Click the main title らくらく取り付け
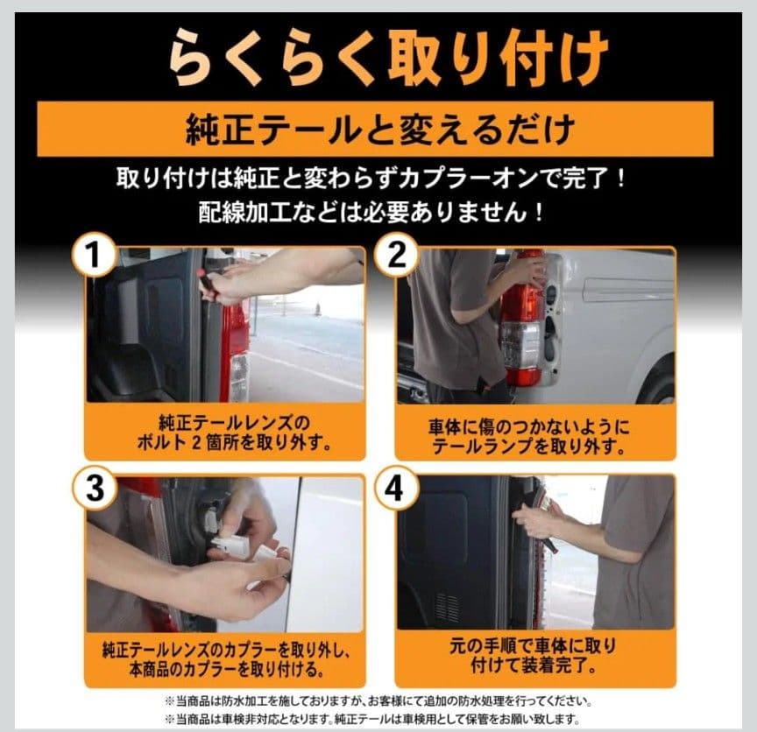point(387,58)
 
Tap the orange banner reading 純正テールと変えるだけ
point(375,129)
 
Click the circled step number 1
point(94,256)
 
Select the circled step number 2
point(396,256)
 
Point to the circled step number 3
point(94,489)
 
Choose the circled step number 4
point(396,489)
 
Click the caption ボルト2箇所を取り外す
point(234,442)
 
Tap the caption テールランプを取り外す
point(528,447)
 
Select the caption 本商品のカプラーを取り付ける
point(226,669)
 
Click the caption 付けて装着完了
point(534,665)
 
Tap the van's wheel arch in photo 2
point(659,377)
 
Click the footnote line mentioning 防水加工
point(379,701)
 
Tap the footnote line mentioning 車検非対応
point(372,719)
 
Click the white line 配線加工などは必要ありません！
point(371,212)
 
